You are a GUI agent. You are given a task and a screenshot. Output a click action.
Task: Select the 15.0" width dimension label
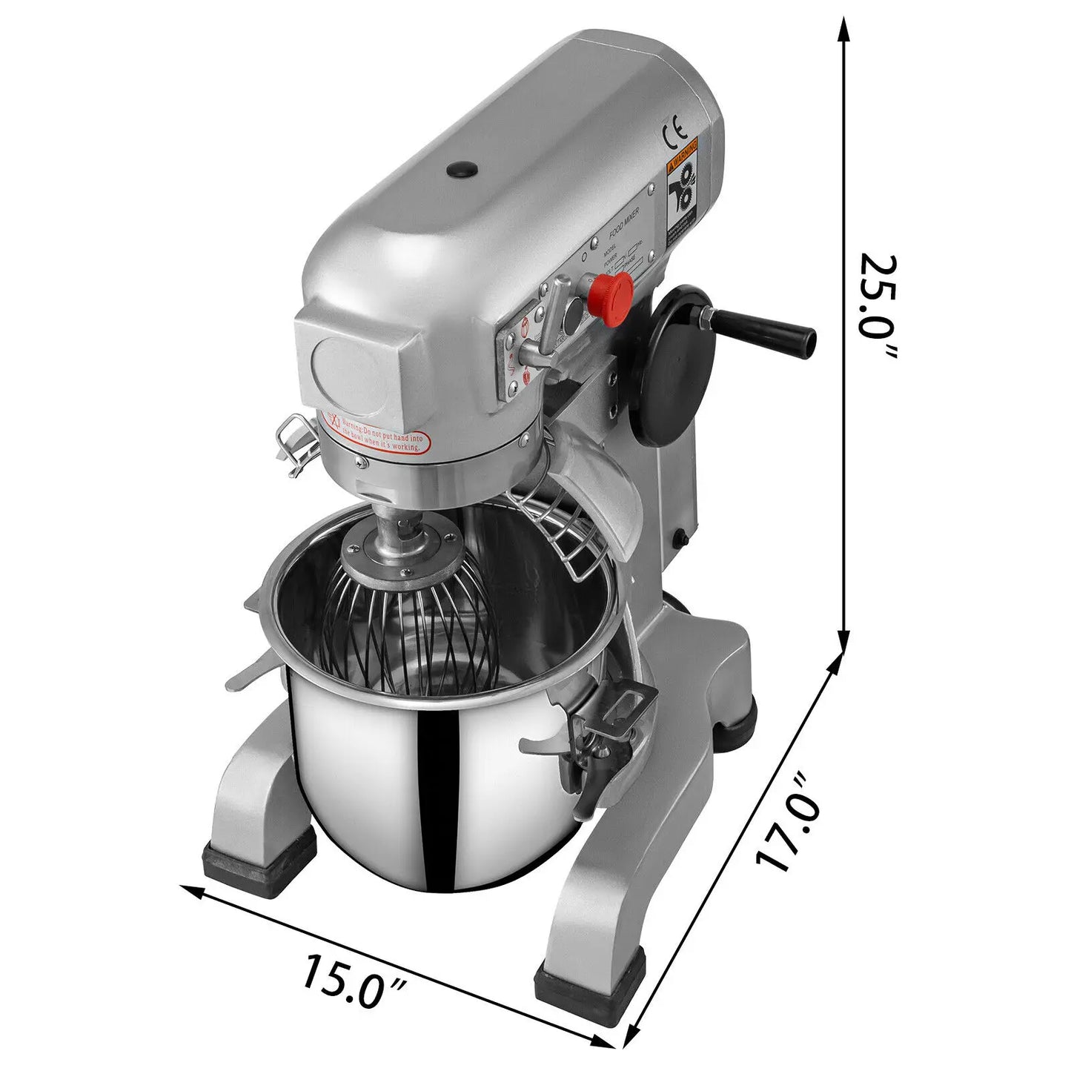(x=354, y=980)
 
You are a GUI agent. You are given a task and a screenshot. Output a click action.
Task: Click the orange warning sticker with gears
(x=683, y=188)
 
